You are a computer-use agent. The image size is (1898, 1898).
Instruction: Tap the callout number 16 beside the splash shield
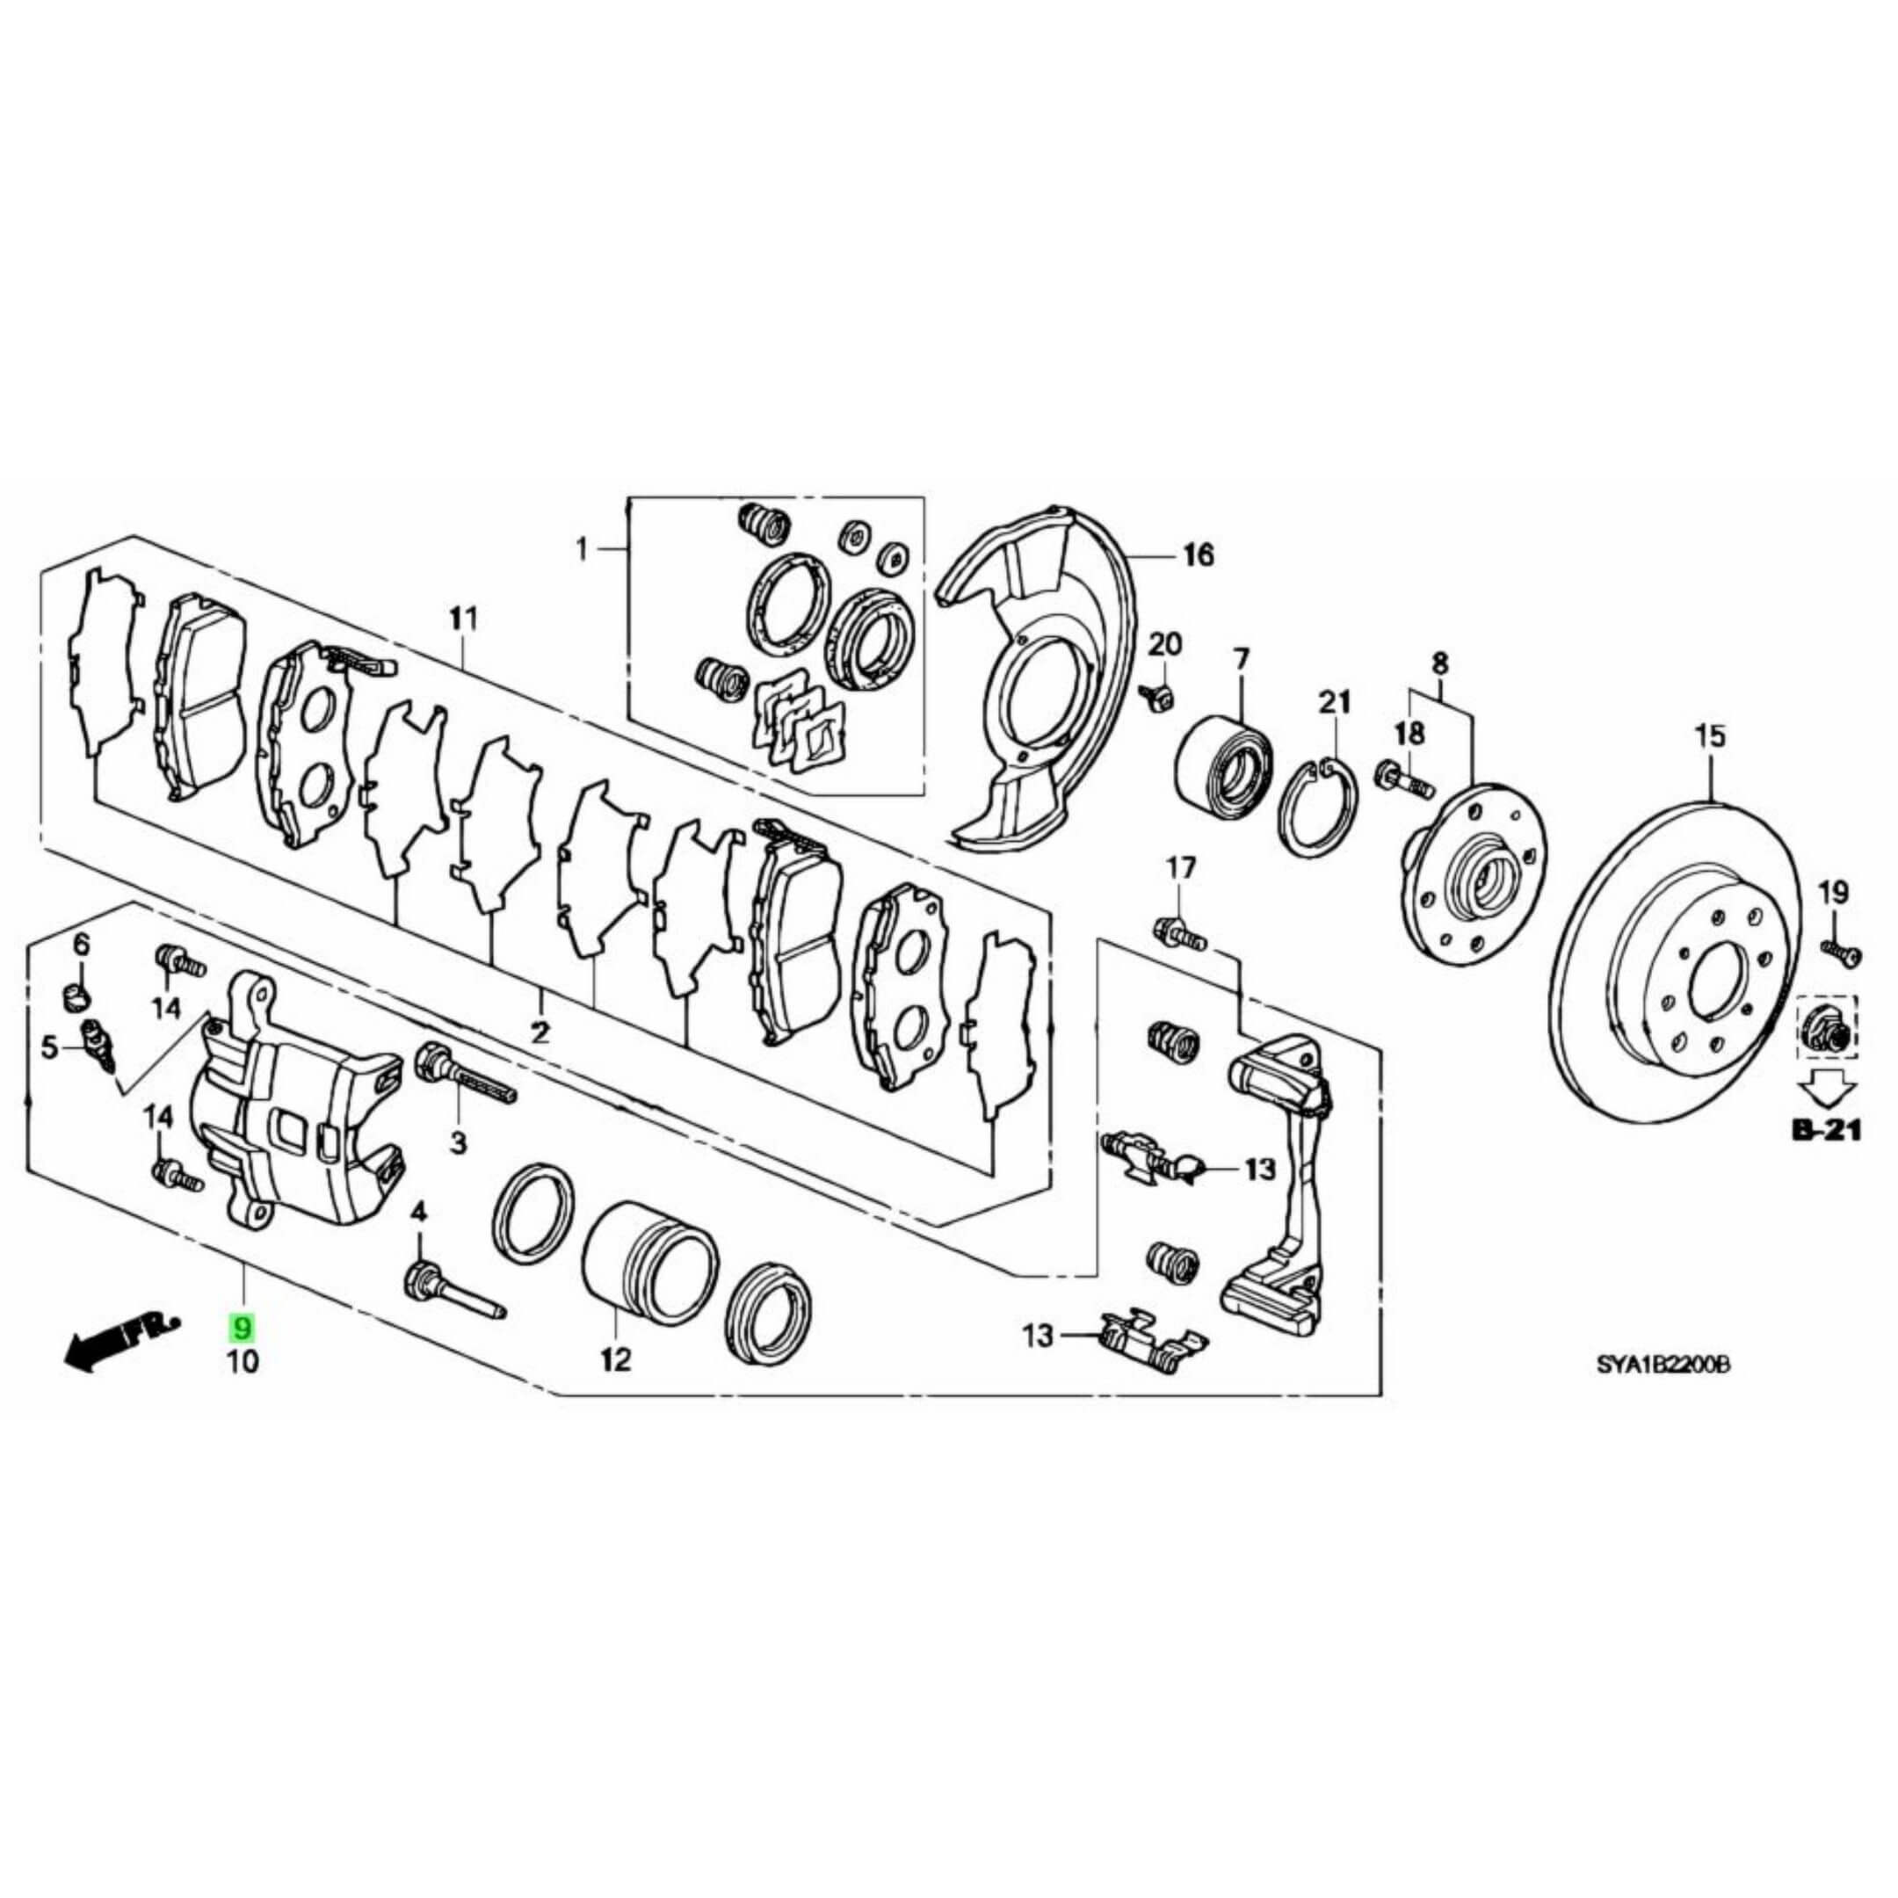(x=1198, y=555)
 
